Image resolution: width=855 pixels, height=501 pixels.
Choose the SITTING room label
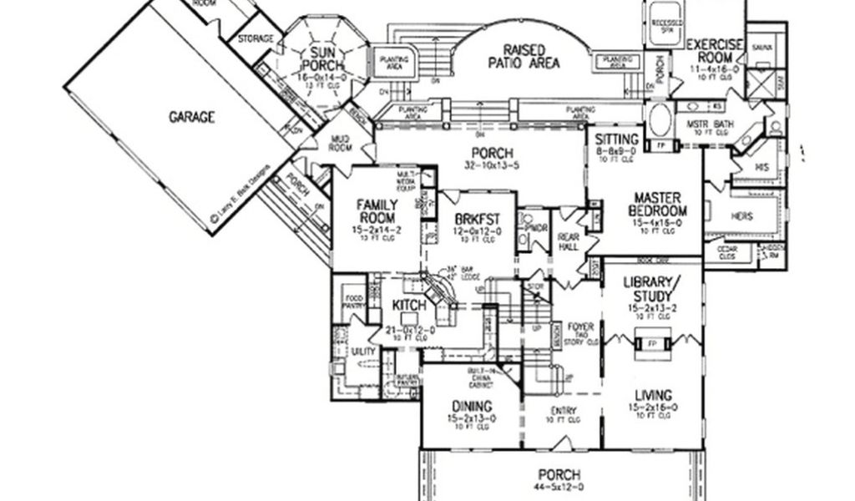tap(618, 139)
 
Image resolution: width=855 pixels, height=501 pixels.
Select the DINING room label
tap(468, 406)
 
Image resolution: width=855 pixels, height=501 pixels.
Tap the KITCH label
tap(409, 306)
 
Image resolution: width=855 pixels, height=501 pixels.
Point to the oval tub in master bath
tap(659, 120)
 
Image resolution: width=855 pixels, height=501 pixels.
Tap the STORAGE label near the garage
tap(255, 38)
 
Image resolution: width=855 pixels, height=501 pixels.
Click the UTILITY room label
tap(362, 352)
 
